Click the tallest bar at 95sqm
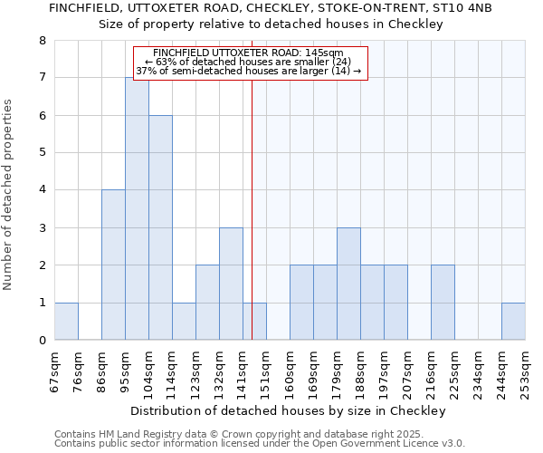pyautogui.click(x=137, y=208)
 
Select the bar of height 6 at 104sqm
pyautogui.click(x=160, y=227)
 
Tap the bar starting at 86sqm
pyautogui.click(x=113, y=265)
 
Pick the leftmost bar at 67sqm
pyautogui.click(x=66, y=322)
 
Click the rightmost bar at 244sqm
pyautogui.click(x=513, y=322)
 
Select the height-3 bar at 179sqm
pyautogui.click(x=348, y=284)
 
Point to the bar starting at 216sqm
pyautogui.click(x=443, y=303)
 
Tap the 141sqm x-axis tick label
pyautogui.click(x=243, y=367)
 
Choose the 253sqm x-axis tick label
pyautogui.click(x=526, y=367)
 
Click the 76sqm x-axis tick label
pyautogui.click(x=79, y=367)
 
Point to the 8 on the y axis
pyautogui.click(x=42, y=40)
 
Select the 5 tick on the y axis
pyautogui.click(x=42, y=152)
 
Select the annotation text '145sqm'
pyautogui.click(x=323, y=53)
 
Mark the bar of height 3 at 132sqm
pyautogui.click(x=231, y=284)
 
